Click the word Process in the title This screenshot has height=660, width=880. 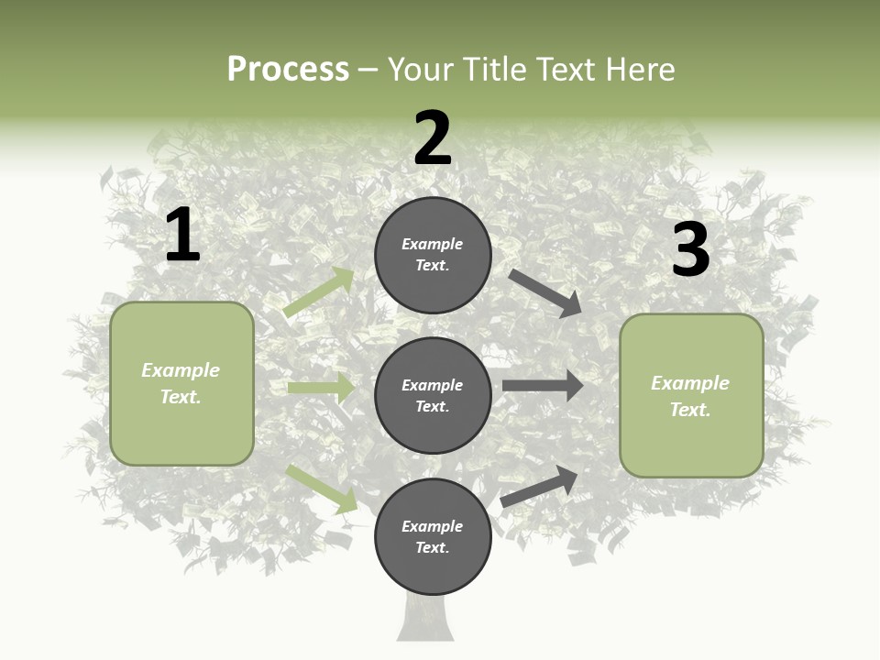tap(288, 70)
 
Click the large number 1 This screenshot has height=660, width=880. tap(182, 236)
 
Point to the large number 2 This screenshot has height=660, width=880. tap(433, 138)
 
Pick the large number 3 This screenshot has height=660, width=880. tap(690, 250)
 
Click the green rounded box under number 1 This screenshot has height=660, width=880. tap(181, 383)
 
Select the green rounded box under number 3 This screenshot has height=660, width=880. tap(691, 395)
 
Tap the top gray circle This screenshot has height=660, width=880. tap(433, 255)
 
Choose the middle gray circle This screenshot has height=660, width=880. tap(433, 395)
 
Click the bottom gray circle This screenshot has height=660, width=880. tap(433, 536)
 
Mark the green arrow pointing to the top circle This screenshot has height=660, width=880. tap(319, 292)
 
